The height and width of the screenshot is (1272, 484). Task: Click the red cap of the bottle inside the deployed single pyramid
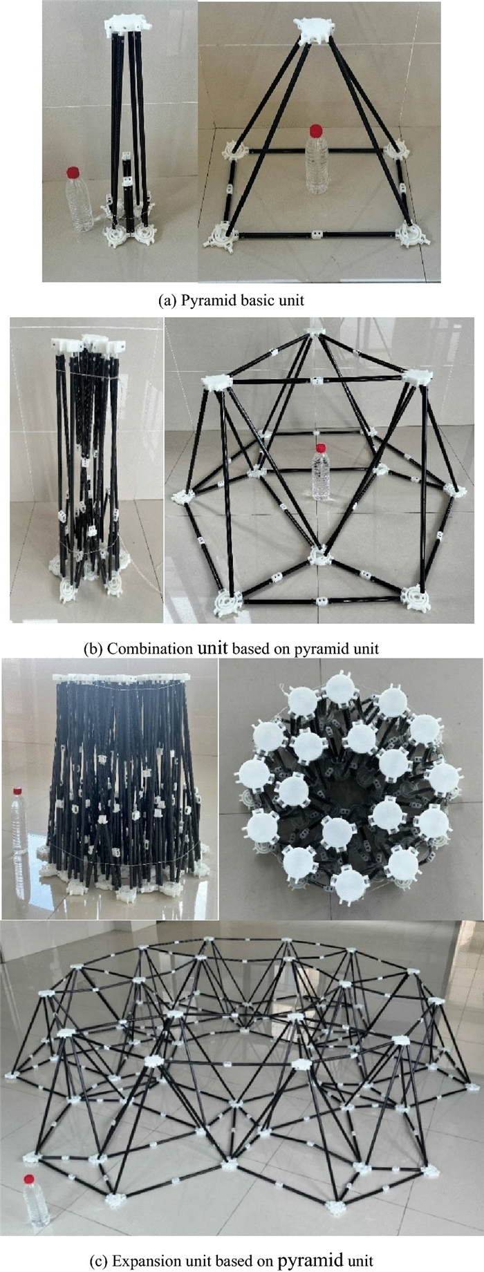point(316,130)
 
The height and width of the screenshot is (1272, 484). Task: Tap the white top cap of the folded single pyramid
point(127,23)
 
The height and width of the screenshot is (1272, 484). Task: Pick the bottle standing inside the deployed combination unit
point(320,471)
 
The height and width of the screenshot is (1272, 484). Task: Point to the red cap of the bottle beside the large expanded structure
point(29,1179)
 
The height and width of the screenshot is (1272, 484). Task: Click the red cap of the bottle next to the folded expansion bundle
point(17,790)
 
